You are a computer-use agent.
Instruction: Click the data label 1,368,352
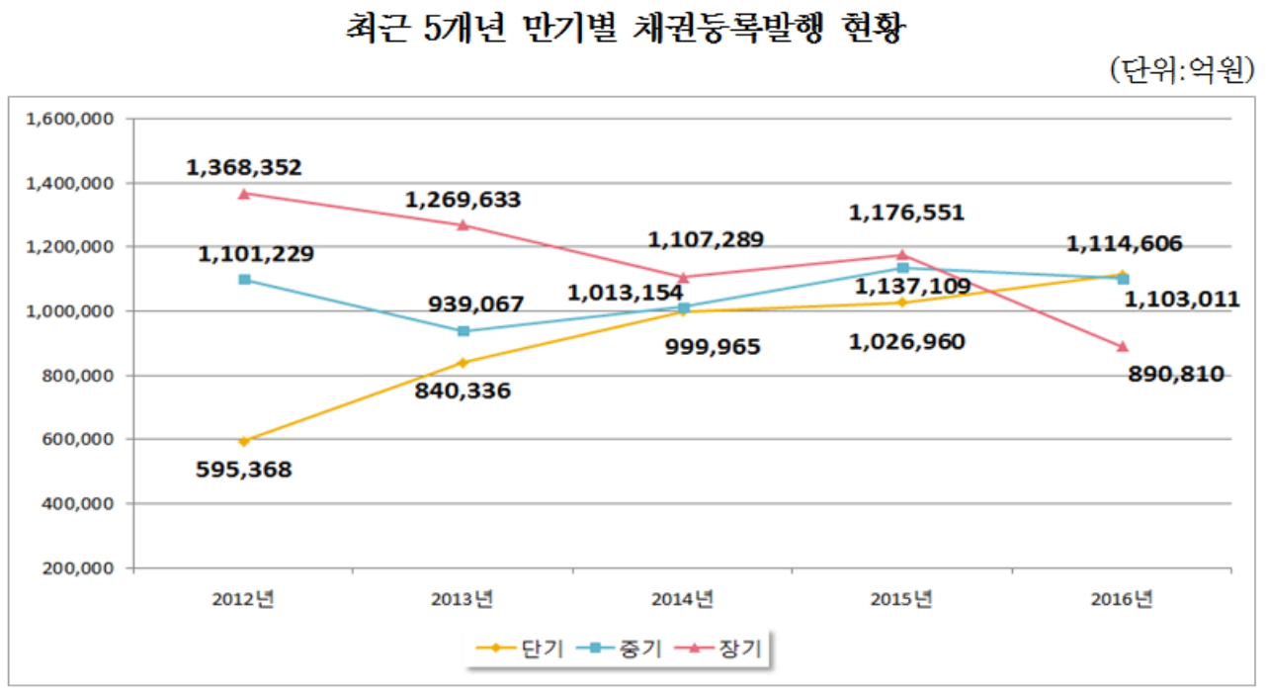coord(244,168)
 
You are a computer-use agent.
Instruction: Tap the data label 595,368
coord(244,470)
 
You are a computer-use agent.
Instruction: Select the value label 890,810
coord(1176,374)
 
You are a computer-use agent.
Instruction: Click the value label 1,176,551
coord(906,213)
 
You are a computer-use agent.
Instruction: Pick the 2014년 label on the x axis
coord(683,599)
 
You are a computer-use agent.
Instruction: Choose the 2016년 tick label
coord(1122,599)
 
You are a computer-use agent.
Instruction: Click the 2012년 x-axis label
coord(244,599)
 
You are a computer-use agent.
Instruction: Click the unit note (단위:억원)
coord(1182,70)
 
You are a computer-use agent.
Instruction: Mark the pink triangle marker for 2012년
coord(244,194)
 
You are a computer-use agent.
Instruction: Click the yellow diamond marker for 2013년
coord(464,362)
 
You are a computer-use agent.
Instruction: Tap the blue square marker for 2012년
coord(244,280)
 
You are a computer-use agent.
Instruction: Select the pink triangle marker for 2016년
coord(1123,347)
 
